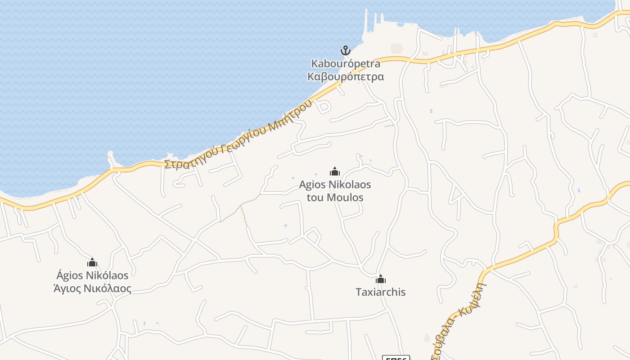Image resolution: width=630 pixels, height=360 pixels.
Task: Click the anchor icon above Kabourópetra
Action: pyautogui.click(x=345, y=50)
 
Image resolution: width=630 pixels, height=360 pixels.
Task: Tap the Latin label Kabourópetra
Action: pyautogui.click(x=346, y=63)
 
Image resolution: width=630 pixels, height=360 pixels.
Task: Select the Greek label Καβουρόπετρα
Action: pyautogui.click(x=346, y=76)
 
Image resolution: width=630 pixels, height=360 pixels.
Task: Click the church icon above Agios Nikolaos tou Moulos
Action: pyautogui.click(x=334, y=171)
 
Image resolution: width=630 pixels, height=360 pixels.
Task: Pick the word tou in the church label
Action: pyautogui.click(x=315, y=198)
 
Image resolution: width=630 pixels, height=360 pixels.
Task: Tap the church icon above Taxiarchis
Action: pyautogui.click(x=381, y=279)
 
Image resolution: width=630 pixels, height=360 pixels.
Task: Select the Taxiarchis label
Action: pyautogui.click(x=381, y=292)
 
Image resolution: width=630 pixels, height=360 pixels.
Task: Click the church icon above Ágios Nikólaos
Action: pyautogui.click(x=92, y=262)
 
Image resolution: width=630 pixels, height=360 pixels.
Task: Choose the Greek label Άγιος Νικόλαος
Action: pyautogui.click(x=92, y=288)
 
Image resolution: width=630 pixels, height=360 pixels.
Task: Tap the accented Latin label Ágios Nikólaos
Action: pyautogui.click(x=92, y=275)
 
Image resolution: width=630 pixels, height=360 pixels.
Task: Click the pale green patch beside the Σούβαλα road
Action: pyautogui.click(x=427, y=337)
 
